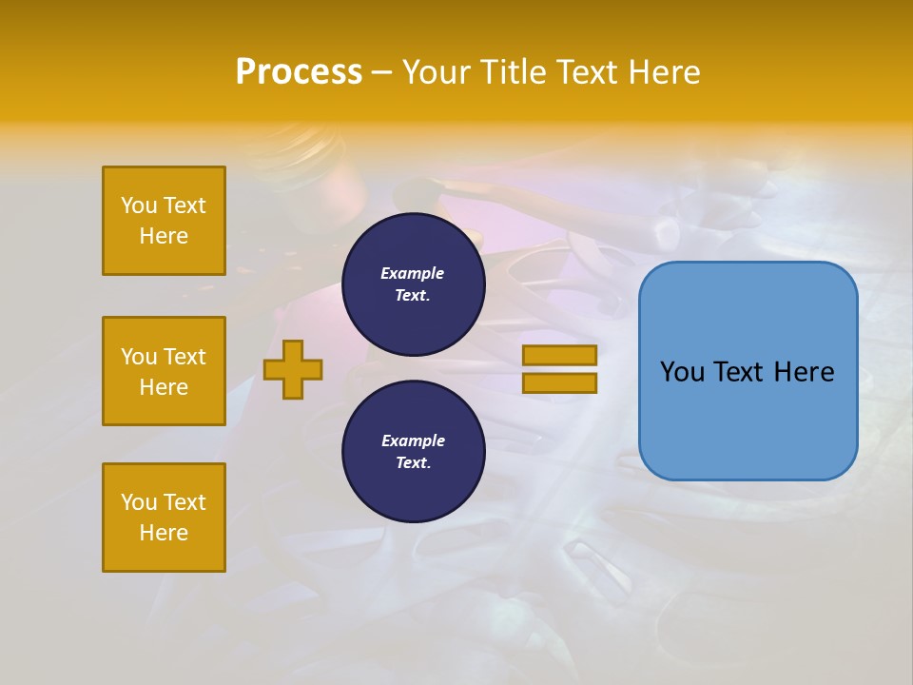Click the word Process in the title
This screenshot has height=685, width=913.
tap(299, 72)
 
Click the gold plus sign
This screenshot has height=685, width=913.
tap(293, 369)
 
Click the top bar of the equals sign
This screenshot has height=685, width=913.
tap(559, 355)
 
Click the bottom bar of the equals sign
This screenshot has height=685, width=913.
tap(559, 383)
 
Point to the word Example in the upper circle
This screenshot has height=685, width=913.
tap(412, 273)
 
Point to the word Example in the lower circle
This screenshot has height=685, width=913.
tap(413, 440)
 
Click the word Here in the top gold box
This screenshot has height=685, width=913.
tap(164, 236)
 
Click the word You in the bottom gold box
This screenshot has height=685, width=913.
tap(138, 502)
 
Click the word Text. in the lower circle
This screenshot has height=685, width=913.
tap(413, 462)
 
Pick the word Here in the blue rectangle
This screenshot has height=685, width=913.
tap(805, 372)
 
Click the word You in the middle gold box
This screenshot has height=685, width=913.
tap(138, 357)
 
